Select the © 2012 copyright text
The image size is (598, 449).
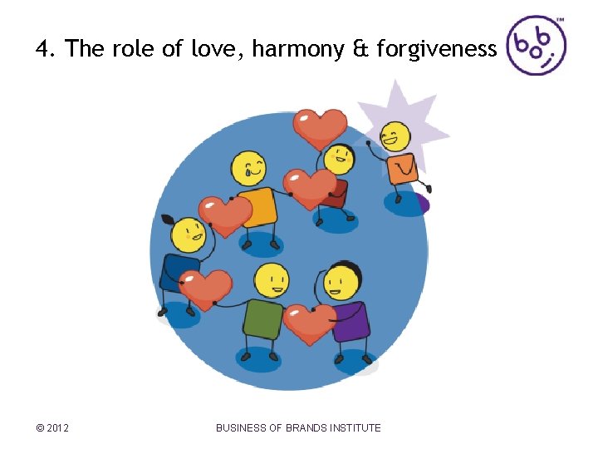click(x=52, y=428)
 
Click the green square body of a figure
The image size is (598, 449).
click(x=264, y=318)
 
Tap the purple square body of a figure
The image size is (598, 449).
click(x=351, y=320)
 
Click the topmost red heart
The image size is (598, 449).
click(x=321, y=127)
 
